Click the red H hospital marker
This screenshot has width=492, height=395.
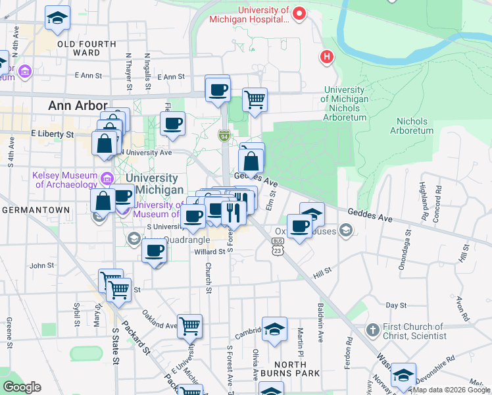pos(326,57)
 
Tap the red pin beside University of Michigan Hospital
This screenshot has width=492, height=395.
pos(299,13)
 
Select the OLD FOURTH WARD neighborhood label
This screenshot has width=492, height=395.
pos(87,48)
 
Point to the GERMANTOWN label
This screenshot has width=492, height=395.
pos(36,210)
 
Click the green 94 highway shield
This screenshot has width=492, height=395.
pos(224,135)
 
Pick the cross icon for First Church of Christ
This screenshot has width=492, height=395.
pos(372,329)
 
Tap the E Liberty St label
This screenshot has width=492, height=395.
pos(52,134)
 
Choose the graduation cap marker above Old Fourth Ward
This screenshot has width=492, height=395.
pos(57,18)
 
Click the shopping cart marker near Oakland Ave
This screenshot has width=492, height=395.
pos(189,325)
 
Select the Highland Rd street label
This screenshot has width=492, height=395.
pos(424,191)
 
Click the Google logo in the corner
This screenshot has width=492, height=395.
pos(22,387)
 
